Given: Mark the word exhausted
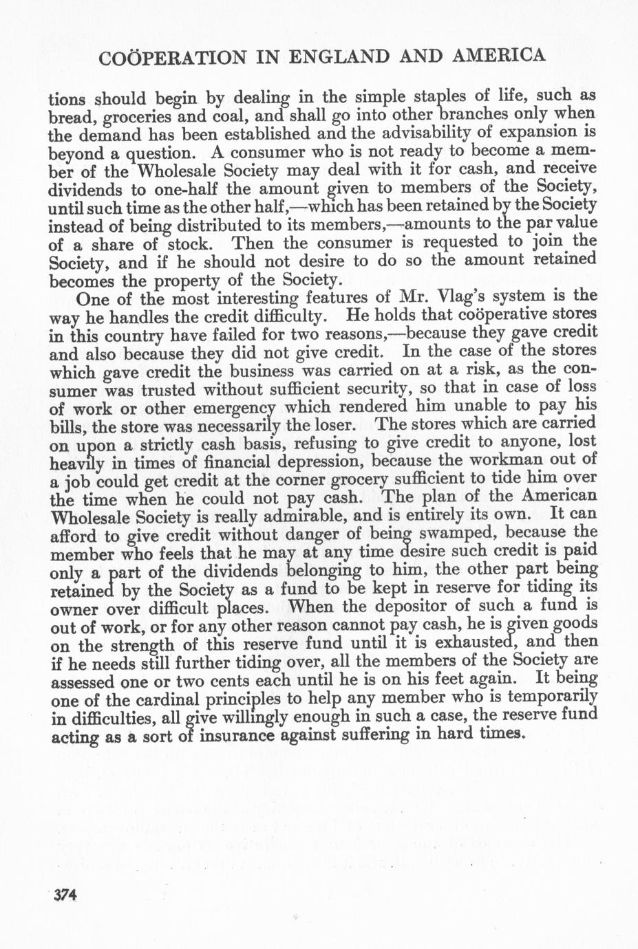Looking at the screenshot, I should [473, 644].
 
